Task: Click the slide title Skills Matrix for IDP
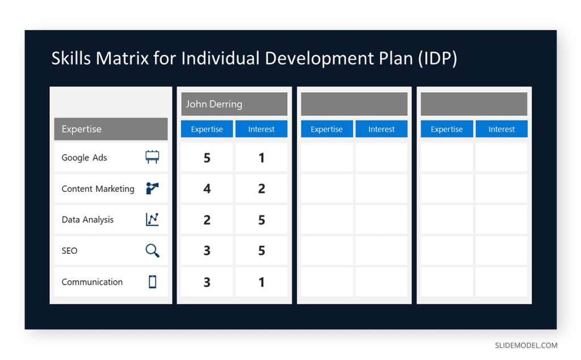(254, 58)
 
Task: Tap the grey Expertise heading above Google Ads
(111, 129)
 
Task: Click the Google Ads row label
(85, 158)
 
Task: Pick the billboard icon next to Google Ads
(152, 157)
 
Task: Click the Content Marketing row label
(98, 189)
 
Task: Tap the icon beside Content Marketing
(152, 189)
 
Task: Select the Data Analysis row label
(87, 220)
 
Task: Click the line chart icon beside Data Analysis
(152, 220)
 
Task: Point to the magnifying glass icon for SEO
(152, 250)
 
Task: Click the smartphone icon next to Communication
(152, 282)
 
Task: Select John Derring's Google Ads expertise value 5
(207, 158)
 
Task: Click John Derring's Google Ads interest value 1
(261, 158)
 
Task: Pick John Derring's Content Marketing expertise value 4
(207, 189)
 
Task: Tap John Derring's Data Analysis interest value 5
(261, 220)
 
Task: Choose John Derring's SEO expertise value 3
(207, 250)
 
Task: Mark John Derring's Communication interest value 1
(261, 282)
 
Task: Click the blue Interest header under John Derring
(261, 129)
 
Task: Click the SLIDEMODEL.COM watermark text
(526, 345)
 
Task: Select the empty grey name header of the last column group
(474, 104)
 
